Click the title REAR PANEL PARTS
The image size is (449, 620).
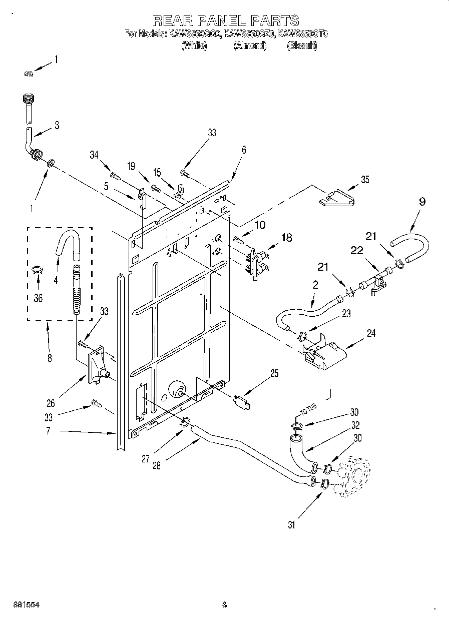tap(225, 20)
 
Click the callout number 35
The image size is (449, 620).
tap(365, 180)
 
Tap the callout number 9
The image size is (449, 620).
tap(422, 202)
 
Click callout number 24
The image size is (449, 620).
tap(371, 333)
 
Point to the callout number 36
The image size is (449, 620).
tap(38, 298)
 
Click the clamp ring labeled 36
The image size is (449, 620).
tap(37, 271)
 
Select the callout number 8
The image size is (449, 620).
tap(49, 358)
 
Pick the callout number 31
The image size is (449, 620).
tap(292, 525)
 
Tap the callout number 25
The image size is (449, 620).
tap(274, 373)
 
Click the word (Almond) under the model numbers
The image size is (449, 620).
tap(250, 46)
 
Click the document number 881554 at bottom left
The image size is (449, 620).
tap(27, 605)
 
